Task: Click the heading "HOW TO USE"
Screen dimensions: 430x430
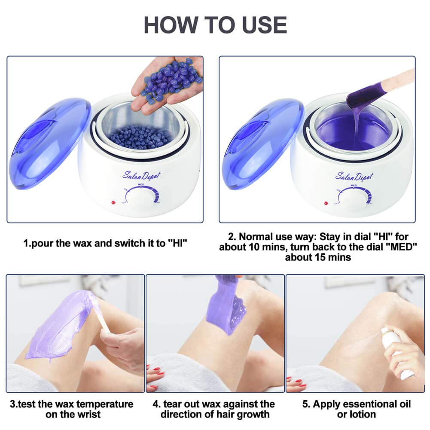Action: (215, 24)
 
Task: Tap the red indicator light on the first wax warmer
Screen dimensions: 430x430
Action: (114, 202)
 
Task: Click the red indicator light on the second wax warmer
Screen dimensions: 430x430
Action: (326, 202)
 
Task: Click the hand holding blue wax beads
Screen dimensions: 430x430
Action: (170, 84)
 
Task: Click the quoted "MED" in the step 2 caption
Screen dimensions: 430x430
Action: (323, 247)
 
